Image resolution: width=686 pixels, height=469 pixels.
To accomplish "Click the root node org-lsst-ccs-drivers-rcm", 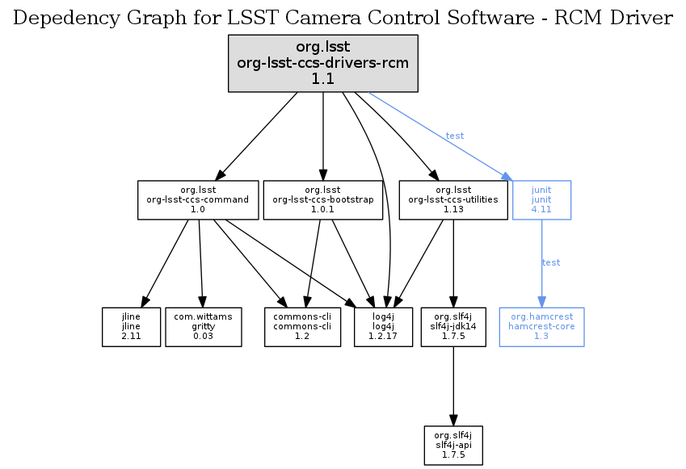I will [323, 62].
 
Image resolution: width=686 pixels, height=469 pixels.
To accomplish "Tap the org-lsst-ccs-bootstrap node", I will [323, 199].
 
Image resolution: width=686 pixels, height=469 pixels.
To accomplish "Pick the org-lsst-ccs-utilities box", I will [452, 199].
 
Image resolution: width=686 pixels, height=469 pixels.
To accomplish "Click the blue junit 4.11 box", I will [541, 199].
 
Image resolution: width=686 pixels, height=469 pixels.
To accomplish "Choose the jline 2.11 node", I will [131, 326].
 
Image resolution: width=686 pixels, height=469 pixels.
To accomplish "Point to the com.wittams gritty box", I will [203, 326].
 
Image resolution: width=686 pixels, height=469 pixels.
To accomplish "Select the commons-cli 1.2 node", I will [303, 326].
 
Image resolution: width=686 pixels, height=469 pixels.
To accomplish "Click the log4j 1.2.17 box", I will [383, 326].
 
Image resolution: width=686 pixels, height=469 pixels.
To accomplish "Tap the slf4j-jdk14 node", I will [453, 326].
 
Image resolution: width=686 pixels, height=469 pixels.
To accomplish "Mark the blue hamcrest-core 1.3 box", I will [541, 326].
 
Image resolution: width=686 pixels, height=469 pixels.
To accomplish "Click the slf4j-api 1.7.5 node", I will [453, 445].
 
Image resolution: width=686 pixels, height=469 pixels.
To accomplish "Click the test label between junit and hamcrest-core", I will [551, 262].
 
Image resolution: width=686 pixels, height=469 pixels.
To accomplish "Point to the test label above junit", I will [455, 136].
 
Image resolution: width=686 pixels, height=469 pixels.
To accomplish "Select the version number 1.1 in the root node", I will [323, 78].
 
